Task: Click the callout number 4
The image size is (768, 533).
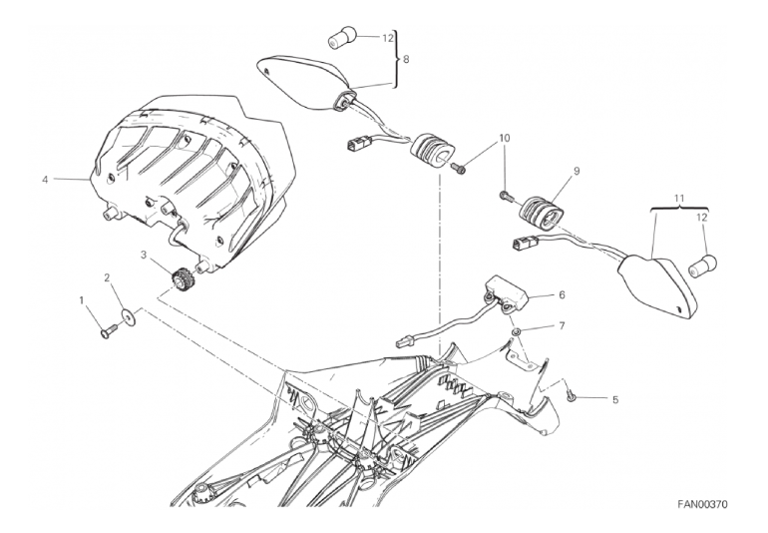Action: (45, 180)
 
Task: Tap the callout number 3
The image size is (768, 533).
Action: (144, 255)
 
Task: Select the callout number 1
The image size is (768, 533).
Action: (82, 299)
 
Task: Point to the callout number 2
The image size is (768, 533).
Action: (107, 278)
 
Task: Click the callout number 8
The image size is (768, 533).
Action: (406, 59)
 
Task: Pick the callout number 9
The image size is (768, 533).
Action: (576, 171)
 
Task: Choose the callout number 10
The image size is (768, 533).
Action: (505, 138)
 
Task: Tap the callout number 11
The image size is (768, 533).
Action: (678, 199)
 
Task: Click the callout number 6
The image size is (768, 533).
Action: (562, 294)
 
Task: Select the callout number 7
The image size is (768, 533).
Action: (562, 325)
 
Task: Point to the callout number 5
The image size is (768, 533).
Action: (615, 400)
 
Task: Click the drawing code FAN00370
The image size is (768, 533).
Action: (702, 504)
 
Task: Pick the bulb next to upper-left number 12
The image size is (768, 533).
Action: (340, 37)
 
